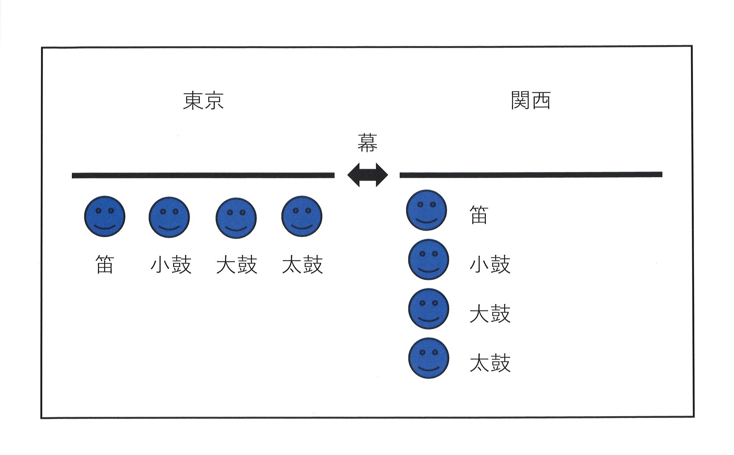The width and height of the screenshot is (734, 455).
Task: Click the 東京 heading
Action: coord(203,101)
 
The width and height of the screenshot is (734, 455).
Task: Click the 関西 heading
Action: coord(531,101)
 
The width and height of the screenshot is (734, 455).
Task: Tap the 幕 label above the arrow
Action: coord(367,143)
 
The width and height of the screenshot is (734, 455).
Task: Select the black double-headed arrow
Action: coord(367,175)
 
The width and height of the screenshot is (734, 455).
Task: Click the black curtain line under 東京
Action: coord(203,175)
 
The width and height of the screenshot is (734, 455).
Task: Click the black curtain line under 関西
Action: coord(531,175)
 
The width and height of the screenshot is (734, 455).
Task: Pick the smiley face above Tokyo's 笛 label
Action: coord(105,216)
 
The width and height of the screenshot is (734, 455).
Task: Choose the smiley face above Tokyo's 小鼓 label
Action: coord(169,217)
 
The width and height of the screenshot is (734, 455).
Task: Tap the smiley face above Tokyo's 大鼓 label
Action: coord(236,218)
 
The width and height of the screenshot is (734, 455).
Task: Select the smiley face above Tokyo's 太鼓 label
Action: coord(302,216)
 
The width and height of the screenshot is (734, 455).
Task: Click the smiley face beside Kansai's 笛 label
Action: coord(426,210)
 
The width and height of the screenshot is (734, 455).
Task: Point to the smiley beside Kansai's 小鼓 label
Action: coord(428,259)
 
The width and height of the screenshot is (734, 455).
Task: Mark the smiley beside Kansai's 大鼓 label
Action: coord(428,309)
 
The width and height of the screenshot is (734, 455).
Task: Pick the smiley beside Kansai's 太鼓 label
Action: coord(428,358)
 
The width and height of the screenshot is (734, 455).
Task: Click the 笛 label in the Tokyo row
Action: coord(105,265)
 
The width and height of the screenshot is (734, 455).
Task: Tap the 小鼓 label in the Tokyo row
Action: coord(171,265)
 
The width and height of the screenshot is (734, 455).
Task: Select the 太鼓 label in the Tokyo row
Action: coord(302,265)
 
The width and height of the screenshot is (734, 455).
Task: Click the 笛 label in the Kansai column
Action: coord(479,215)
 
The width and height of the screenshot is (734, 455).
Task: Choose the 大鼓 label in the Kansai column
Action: coord(490,314)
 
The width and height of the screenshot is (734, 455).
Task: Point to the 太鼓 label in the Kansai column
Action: coord(490,363)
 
